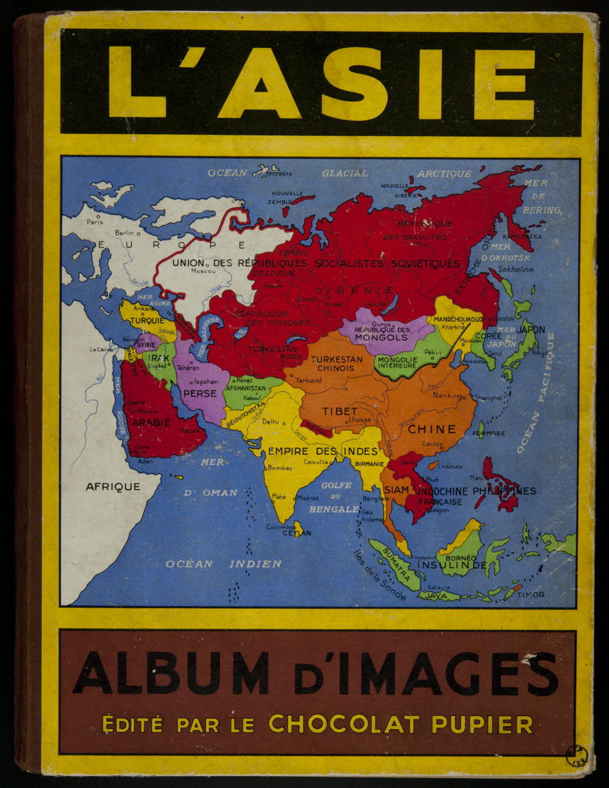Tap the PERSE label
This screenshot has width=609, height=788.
(x=201, y=394)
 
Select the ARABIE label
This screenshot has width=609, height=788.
(x=151, y=422)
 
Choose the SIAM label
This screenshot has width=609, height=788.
(x=397, y=489)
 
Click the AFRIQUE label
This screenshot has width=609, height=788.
(x=113, y=486)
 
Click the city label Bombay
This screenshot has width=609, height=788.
(x=280, y=468)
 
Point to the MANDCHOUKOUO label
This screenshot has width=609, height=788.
(x=458, y=320)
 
